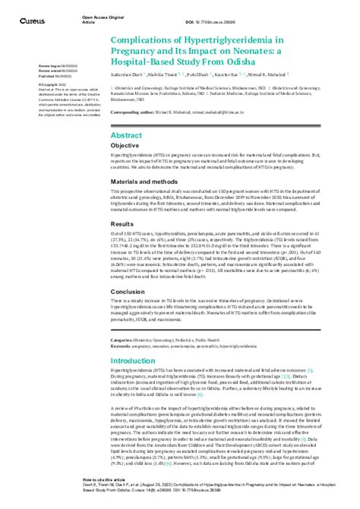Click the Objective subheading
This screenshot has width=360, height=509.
coord(125,144)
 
